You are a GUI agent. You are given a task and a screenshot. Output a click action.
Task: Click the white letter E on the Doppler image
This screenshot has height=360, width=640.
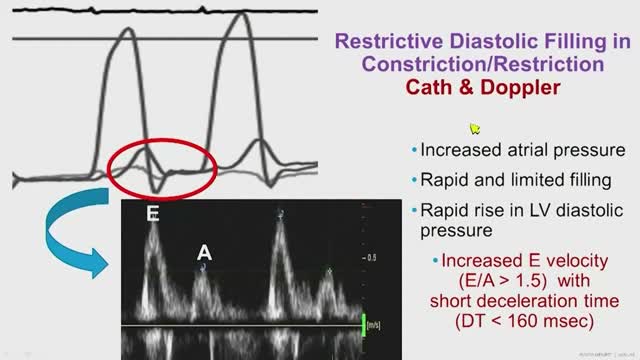pyautogui.click(x=153, y=214)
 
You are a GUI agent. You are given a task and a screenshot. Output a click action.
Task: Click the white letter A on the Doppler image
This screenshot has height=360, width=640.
pyautogui.click(x=202, y=252)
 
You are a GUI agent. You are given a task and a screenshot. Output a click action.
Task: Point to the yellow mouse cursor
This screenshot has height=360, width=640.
pyautogui.click(x=476, y=128)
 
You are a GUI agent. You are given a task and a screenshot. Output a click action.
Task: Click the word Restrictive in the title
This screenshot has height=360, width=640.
pyautogui.click(x=383, y=41)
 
